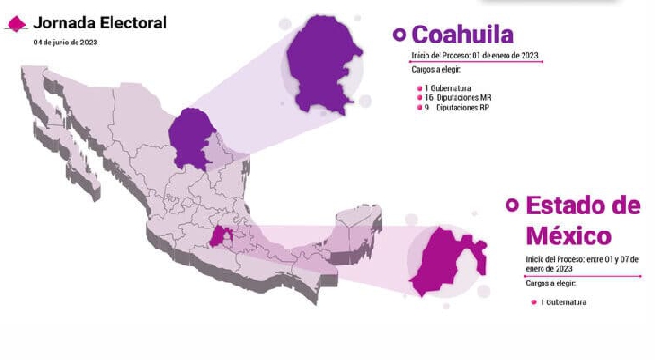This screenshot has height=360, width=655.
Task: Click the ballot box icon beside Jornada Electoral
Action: (17, 24)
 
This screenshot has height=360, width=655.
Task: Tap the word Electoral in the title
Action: (133, 23)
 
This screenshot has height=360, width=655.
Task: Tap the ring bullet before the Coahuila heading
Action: (399, 35)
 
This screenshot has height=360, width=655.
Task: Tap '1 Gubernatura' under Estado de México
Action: (562, 302)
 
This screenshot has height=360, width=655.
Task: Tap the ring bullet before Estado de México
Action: (512, 204)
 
